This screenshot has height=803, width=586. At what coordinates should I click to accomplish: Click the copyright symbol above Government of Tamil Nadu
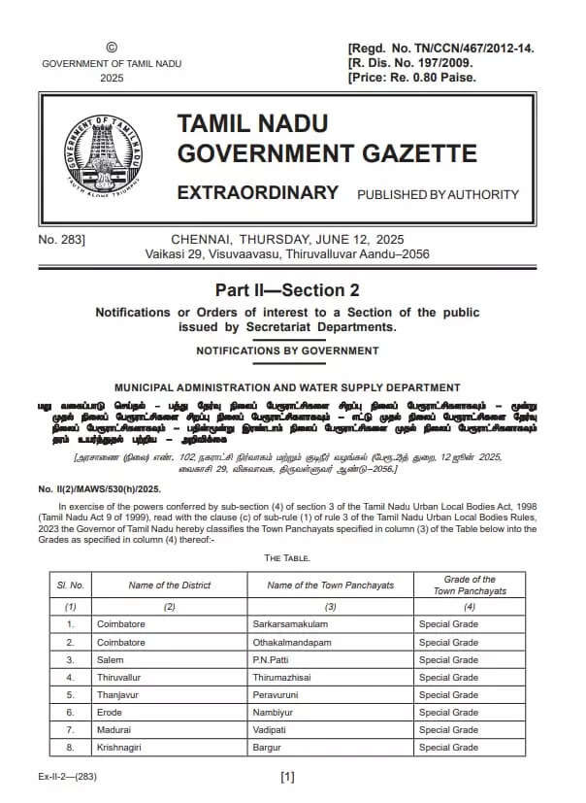pos(111,47)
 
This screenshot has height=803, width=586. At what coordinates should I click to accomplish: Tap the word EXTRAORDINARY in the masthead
pos(257,192)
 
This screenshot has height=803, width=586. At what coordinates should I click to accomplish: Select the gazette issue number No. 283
pos(62,239)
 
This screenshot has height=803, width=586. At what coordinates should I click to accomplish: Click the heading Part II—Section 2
pos(287,290)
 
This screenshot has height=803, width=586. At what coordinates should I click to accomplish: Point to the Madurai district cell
pos(113,729)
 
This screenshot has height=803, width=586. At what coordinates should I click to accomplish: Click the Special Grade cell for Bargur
pos(448,747)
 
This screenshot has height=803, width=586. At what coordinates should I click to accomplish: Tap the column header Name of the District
pos(169,585)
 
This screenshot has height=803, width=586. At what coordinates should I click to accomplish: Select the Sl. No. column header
pos(70,585)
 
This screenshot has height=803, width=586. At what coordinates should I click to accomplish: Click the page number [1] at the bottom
pos(287,777)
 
